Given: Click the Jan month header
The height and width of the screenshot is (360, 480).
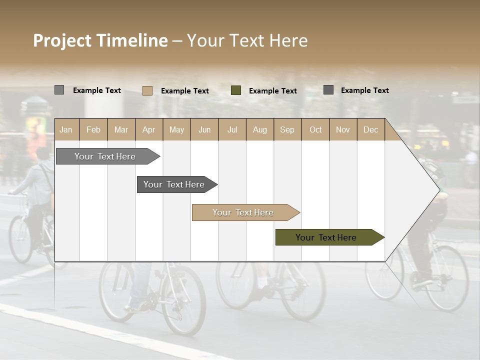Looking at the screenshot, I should click(x=66, y=130).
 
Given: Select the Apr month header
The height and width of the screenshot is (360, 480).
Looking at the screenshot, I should click(x=149, y=130).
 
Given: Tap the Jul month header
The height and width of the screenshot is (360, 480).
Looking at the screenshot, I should click(x=232, y=130).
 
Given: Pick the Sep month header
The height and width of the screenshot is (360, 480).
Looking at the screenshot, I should click(x=287, y=130).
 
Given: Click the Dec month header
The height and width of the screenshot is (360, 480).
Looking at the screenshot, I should click(x=370, y=130).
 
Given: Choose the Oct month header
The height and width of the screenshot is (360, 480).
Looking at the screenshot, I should click(x=315, y=130).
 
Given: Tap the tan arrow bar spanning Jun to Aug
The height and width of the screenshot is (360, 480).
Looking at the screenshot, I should click(x=244, y=212).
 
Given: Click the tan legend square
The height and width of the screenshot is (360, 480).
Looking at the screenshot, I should click(x=147, y=90).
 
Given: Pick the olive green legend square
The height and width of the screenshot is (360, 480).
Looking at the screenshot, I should click(x=236, y=90).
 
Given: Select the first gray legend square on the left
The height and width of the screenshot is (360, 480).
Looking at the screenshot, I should click(x=59, y=90).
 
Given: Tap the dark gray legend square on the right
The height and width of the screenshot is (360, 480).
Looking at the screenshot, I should click(x=328, y=90).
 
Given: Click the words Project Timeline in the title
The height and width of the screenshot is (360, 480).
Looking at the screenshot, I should click(x=100, y=40).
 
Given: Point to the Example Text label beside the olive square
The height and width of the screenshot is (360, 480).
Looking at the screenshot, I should click(x=273, y=91).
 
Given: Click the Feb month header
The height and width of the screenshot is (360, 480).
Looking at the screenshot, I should click(x=93, y=130).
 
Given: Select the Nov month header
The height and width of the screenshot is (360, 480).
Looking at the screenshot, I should click(x=343, y=130).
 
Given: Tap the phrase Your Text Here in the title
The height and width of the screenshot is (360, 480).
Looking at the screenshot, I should click(x=247, y=40).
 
